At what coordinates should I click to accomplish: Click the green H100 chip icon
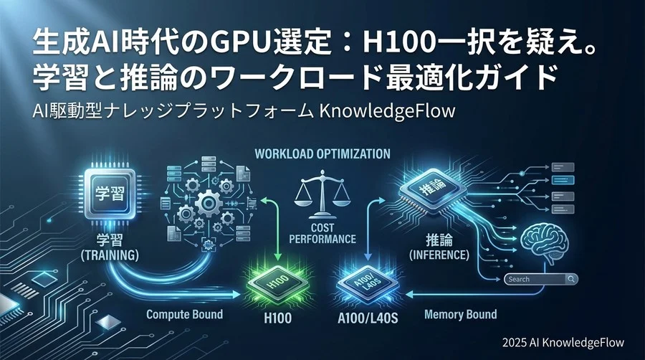click(x=277, y=284)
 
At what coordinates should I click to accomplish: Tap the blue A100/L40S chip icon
click(x=368, y=284)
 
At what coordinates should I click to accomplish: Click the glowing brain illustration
click(x=545, y=245)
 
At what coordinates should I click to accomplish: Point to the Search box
click(x=541, y=279)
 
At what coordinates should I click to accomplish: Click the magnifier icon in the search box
click(x=571, y=279)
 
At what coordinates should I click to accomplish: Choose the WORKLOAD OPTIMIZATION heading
click(x=322, y=154)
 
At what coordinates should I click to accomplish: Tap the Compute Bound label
click(x=185, y=315)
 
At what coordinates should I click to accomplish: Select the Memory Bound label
click(x=460, y=315)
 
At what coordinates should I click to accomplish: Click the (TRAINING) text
click(x=110, y=255)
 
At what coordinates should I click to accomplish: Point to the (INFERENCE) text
click(x=439, y=255)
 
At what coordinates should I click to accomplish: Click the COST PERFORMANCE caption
click(x=322, y=233)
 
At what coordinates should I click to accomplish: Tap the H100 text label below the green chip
click(x=277, y=318)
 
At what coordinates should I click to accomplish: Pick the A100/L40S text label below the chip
click(x=368, y=318)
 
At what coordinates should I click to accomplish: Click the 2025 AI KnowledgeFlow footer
click(x=563, y=342)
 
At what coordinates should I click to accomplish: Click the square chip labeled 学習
click(x=110, y=194)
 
